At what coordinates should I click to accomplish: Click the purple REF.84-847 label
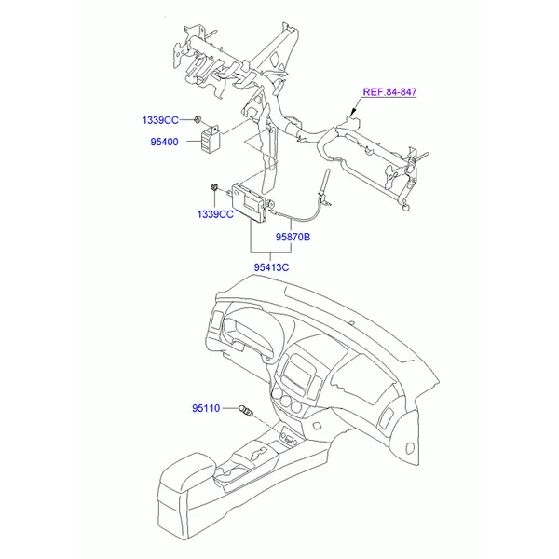[x=389, y=92]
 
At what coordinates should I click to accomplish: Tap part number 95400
[x=164, y=142]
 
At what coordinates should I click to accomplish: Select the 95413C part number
[x=271, y=267]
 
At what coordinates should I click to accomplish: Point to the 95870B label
[x=293, y=237]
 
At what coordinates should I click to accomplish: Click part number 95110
[x=206, y=408]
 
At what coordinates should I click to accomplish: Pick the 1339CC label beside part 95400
[x=160, y=120]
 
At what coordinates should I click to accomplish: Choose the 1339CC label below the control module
[x=215, y=214]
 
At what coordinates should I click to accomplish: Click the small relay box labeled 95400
[x=211, y=139]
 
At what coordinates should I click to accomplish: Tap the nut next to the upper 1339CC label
[x=198, y=119]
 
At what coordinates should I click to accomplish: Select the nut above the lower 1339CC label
[x=214, y=186]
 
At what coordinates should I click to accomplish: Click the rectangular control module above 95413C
[x=250, y=203]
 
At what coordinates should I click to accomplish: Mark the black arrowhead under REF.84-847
[x=353, y=112]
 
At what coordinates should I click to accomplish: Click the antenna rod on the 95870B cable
[x=325, y=183]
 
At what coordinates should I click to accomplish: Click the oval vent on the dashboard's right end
[x=410, y=447]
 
